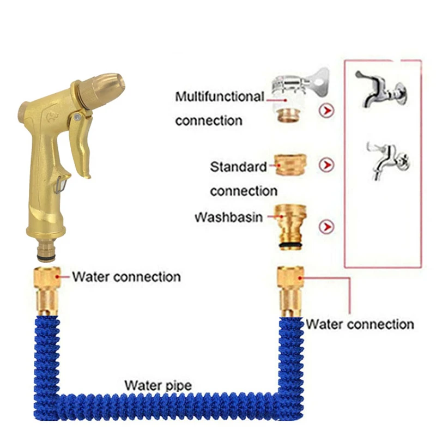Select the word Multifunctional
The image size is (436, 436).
coord(219,97)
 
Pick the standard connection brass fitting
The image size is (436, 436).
coord(289,164)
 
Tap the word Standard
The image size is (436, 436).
coord(239,167)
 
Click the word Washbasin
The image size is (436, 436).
coord(229,217)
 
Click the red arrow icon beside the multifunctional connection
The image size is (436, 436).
coord(326,111)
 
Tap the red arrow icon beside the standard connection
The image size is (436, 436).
coord(326,165)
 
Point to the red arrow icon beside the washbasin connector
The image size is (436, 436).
coord(326,226)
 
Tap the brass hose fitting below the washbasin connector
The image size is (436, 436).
coord(290,291)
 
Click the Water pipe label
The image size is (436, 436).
coord(158,386)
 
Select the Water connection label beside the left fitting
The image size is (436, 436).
coord(126,277)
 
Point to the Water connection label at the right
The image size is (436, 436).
coord(360,324)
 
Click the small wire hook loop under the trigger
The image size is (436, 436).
coord(60,186)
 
